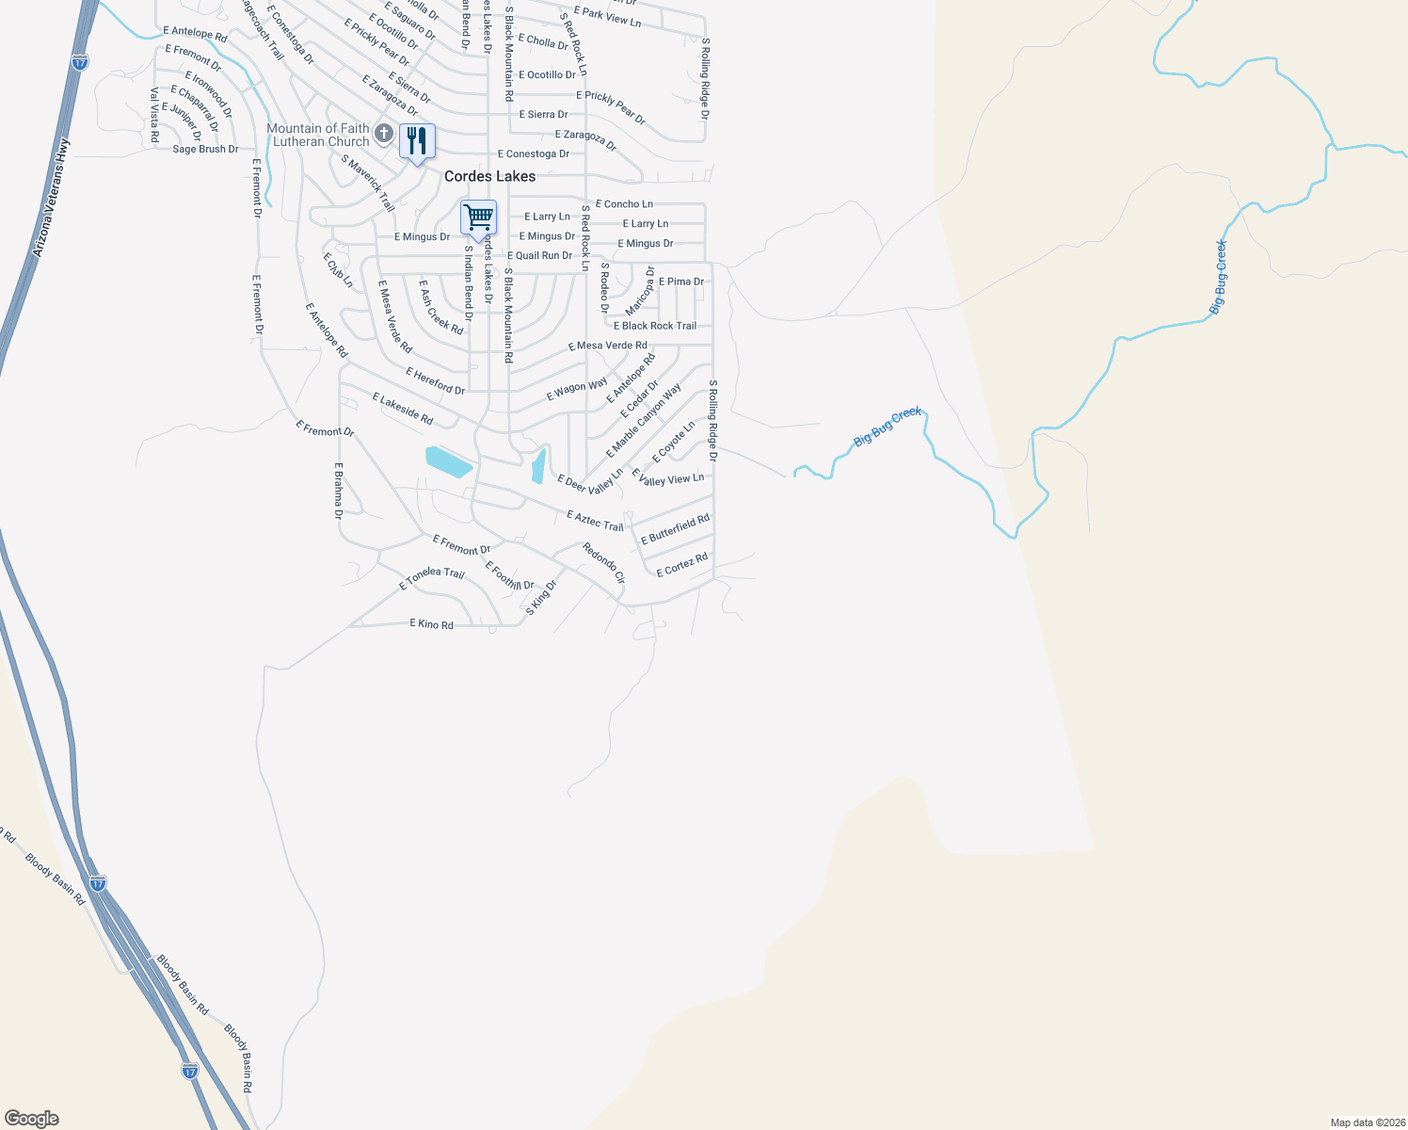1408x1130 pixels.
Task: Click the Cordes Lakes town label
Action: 489,176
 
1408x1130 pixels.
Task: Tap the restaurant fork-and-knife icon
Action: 417,141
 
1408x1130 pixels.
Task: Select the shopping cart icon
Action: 478,218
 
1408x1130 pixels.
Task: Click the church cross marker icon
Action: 383,134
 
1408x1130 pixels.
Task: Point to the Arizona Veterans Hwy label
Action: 51,199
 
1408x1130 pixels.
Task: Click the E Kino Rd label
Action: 432,624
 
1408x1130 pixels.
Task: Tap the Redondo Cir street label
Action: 603,563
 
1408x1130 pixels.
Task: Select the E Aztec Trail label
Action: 595,520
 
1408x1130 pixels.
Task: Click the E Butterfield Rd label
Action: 675,529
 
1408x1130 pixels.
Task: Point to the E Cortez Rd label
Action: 682,565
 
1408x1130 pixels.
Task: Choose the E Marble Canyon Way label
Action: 645,421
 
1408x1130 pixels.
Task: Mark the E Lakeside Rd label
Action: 403,409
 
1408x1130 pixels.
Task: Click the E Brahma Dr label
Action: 338,491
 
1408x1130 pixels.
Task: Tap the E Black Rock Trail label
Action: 655,326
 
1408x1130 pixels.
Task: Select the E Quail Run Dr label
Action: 539,255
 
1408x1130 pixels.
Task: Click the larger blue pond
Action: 449,461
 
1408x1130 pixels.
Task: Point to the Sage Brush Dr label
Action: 205,149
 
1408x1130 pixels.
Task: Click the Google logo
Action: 32,1119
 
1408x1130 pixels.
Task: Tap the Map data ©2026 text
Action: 1366,1122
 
